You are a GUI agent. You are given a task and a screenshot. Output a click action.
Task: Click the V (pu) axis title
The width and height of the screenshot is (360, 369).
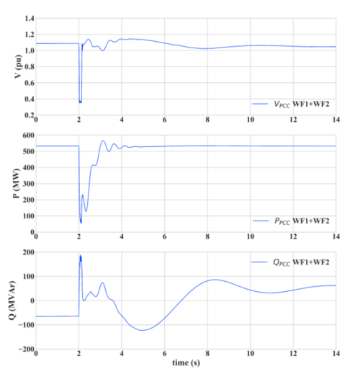(x=9, y=66)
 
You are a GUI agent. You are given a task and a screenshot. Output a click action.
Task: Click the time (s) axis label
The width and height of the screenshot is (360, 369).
(x=186, y=362)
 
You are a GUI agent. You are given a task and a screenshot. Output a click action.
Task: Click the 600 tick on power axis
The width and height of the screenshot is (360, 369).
(x=26, y=135)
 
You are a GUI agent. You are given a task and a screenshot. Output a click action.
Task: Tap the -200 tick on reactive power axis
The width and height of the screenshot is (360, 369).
(x=24, y=350)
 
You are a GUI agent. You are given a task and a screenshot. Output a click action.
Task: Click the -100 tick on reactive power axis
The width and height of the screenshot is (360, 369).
(x=24, y=325)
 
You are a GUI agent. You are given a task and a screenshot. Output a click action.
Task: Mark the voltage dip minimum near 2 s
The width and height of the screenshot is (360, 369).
(x=81, y=102)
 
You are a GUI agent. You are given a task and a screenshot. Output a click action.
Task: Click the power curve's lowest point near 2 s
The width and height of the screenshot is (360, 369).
(x=81, y=221)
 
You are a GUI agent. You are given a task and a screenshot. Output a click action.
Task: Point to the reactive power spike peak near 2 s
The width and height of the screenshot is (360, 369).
(x=81, y=255)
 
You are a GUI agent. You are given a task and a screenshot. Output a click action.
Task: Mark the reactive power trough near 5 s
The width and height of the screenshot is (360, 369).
(x=142, y=330)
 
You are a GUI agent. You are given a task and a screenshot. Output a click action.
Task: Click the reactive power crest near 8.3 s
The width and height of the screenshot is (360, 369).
(x=214, y=280)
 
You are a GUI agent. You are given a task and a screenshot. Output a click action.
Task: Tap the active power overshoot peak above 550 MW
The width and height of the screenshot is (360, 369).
(x=103, y=141)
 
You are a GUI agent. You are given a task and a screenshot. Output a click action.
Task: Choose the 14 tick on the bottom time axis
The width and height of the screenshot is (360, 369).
(x=336, y=355)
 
